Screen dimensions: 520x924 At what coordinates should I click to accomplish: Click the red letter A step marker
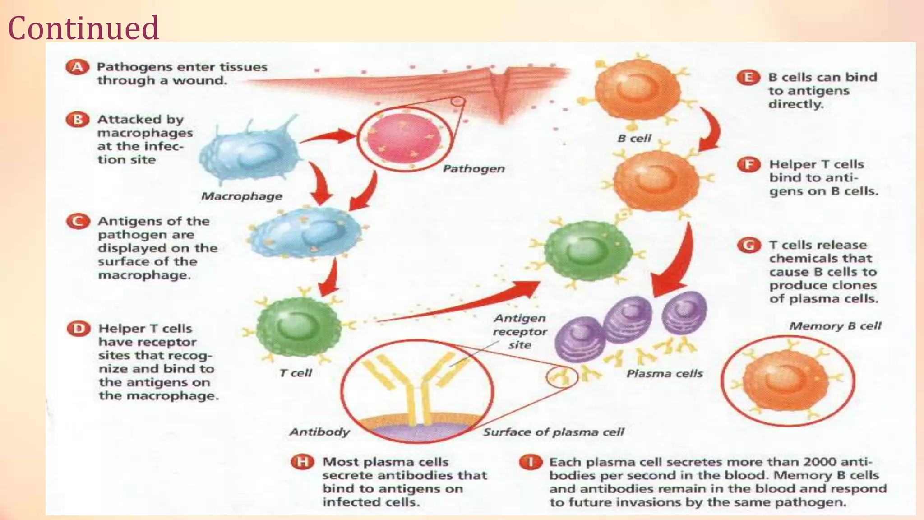coord(78,67)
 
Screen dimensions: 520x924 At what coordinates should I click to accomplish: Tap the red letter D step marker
coord(79,329)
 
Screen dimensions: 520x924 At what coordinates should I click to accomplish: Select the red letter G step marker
coord(749,246)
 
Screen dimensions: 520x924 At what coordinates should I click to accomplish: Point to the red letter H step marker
coord(302,462)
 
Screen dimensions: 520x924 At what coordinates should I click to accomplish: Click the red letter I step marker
coord(531,462)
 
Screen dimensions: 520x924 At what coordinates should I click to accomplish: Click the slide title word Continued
coord(83,28)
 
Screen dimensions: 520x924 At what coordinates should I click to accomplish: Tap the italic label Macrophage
coord(241,196)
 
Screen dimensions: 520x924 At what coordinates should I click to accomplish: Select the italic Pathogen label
coord(474,169)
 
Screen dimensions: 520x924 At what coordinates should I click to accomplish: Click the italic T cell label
coord(296,373)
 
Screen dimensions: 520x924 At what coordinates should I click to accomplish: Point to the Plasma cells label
coord(665,374)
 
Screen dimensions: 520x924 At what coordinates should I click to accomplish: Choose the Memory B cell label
coord(835,326)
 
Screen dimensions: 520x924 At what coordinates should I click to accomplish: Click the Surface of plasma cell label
coord(554,432)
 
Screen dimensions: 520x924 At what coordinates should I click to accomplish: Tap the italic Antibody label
coord(319,432)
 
